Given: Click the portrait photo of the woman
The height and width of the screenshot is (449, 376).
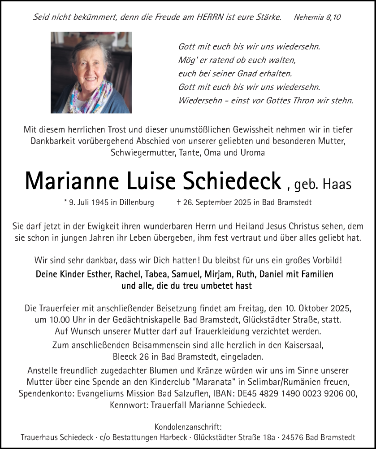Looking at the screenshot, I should coord(91,72).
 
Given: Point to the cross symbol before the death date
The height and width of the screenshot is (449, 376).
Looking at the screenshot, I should coord(179,202).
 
